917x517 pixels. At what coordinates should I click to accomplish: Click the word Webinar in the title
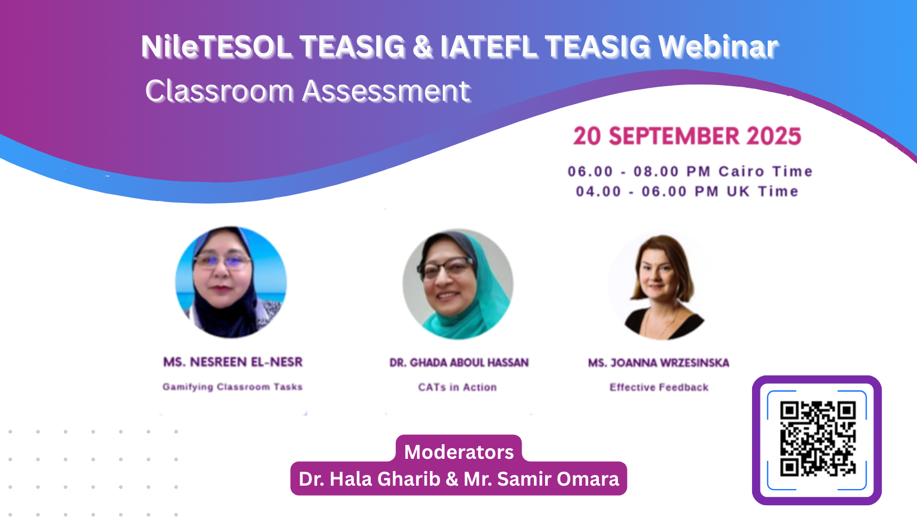click(718, 46)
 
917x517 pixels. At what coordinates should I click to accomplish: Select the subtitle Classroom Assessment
click(308, 91)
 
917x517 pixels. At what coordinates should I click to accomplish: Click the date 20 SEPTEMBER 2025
click(687, 136)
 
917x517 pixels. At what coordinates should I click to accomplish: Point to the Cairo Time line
click(690, 171)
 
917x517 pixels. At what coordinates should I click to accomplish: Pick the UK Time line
click(687, 191)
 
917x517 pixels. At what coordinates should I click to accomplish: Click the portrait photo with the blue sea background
click(231, 282)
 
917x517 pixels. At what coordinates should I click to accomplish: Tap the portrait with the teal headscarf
click(458, 284)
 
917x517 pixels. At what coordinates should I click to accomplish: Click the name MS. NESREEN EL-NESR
click(233, 362)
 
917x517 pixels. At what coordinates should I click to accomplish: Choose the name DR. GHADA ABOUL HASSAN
click(459, 363)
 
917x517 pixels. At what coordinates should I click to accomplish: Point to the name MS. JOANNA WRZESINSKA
click(659, 363)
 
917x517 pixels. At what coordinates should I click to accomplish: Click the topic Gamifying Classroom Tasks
click(233, 387)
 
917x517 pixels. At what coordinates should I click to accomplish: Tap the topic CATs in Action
click(457, 387)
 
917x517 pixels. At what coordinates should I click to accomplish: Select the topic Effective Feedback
click(659, 387)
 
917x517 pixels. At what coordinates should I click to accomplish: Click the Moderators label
click(459, 452)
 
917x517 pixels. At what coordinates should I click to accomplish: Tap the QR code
click(817, 439)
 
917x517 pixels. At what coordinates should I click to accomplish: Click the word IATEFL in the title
click(488, 46)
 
